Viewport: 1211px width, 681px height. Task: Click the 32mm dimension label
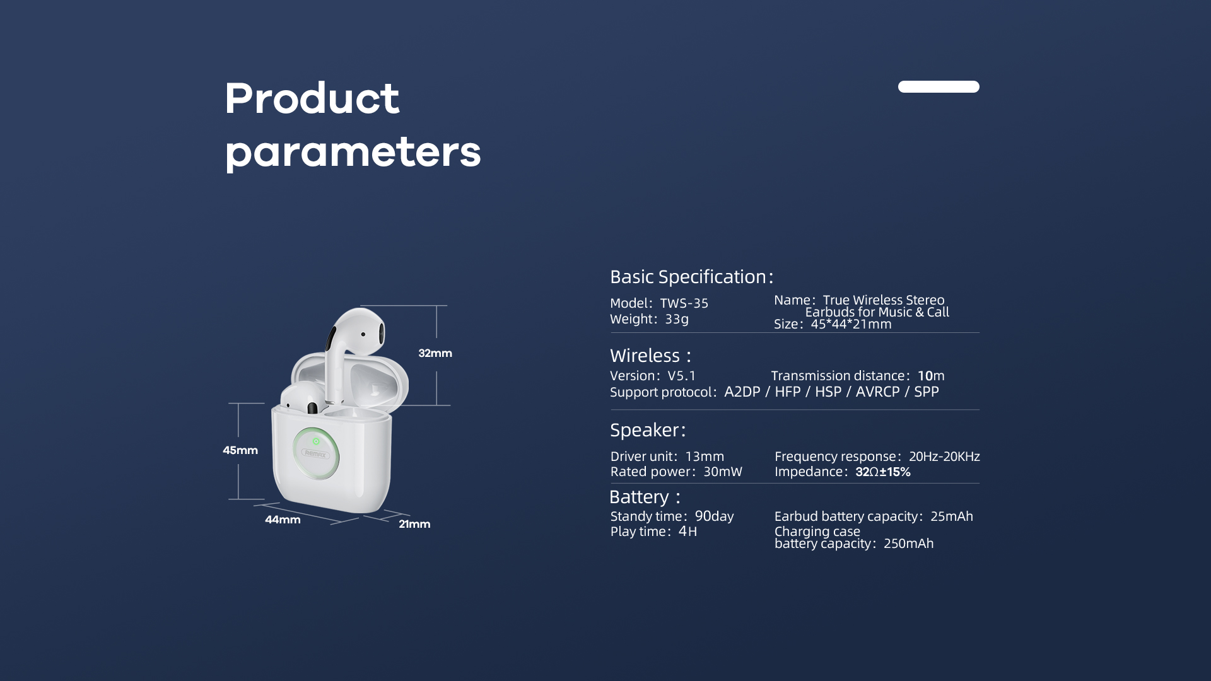pyautogui.click(x=435, y=353)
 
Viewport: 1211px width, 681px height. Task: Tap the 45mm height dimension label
pyautogui.click(x=240, y=450)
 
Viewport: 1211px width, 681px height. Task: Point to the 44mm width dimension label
pyautogui.click(x=283, y=520)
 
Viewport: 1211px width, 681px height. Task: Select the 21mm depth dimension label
pyautogui.click(x=414, y=524)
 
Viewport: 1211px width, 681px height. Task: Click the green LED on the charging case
pyautogui.click(x=316, y=441)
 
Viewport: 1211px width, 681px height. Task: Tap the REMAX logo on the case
pyautogui.click(x=315, y=454)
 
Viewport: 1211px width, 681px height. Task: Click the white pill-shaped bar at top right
pyautogui.click(x=939, y=86)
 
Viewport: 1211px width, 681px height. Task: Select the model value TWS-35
pyautogui.click(x=684, y=303)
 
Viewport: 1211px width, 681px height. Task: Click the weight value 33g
pyautogui.click(x=677, y=319)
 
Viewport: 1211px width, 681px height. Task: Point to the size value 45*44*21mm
pyautogui.click(x=851, y=324)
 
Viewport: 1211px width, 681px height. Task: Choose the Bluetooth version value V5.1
pyautogui.click(x=682, y=376)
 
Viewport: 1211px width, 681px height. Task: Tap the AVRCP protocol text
pyautogui.click(x=877, y=392)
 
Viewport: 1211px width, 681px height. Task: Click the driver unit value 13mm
pyautogui.click(x=705, y=457)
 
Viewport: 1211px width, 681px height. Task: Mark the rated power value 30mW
pyautogui.click(x=723, y=472)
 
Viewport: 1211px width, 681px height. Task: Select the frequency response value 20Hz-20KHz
pyautogui.click(x=944, y=457)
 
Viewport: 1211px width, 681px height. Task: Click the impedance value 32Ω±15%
pyautogui.click(x=883, y=472)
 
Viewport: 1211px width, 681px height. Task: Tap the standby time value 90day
pyautogui.click(x=714, y=516)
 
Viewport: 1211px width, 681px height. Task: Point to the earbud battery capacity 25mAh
pyautogui.click(x=952, y=516)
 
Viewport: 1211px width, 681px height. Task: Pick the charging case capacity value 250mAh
pyautogui.click(x=908, y=544)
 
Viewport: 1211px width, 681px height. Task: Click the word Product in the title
pyautogui.click(x=312, y=98)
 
